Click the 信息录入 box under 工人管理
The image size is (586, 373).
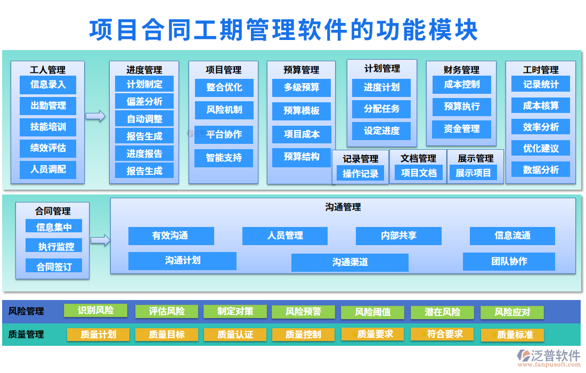pyautogui.click(x=48, y=85)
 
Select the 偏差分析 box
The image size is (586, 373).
pyautogui.click(x=144, y=101)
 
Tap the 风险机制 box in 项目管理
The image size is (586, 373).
pyautogui.click(x=224, y=110)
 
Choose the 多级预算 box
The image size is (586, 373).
pyautogui.click(x=302, y=87)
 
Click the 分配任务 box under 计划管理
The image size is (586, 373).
pyautogui.click(x=381, y=109)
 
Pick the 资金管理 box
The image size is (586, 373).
pyautogui.click(x=462, y=128)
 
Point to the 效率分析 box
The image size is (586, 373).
pyautogui.click(x=541, y=127)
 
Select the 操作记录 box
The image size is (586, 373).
pyautogui.click(x=360, y=173)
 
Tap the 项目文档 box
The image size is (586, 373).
pyautogui.click(x=419, y=173)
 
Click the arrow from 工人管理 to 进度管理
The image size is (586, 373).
pyautogui.click(x=96, y=116)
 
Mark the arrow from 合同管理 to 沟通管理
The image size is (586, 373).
pyautogui.click(x=100, y=240)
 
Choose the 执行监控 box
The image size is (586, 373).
pyautogui.click(x=54, y=246)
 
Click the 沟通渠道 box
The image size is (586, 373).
pyautogui.click(x=350, y=262)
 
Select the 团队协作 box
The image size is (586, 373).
pyautogui.click(x=509, y=261)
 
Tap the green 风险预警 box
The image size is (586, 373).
pyautogui.click(x=303, y=312)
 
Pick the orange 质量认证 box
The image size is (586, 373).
pyautogui.click(x=235, y=335)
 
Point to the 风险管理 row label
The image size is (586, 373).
pyautogui.click(x=26, y=311)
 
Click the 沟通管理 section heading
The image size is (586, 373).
pyautogui.click(x=343, y=207)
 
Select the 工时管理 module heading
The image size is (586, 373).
pyautogui.click(x=540, y=70)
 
